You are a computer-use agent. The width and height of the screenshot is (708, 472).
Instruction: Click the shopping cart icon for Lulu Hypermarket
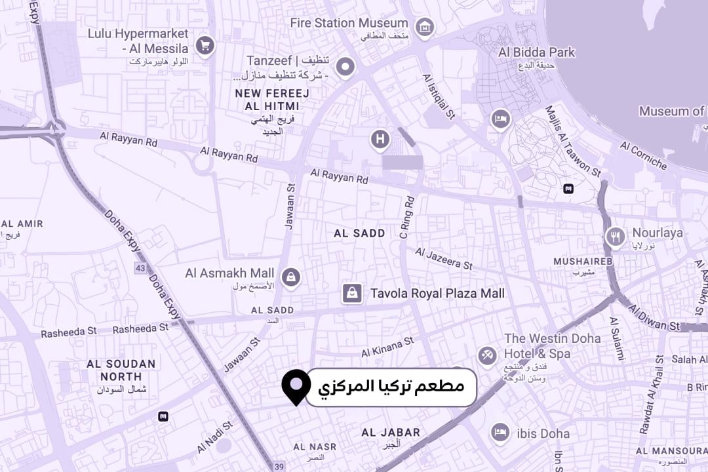205,45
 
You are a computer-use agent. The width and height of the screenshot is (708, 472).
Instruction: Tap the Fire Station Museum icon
425,27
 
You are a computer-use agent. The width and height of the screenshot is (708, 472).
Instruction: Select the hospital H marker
380,139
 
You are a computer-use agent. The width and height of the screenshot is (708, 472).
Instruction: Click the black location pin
296,385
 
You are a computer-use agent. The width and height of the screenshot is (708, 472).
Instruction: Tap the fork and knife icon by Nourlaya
615,237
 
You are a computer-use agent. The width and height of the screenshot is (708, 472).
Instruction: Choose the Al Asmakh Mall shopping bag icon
292,277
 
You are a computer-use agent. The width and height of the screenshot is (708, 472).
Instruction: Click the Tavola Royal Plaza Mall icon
352,293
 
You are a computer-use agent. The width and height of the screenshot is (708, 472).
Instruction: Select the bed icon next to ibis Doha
500,432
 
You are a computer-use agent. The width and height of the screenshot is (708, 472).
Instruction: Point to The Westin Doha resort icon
486,355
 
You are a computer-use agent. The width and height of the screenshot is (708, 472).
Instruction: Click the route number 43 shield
140,268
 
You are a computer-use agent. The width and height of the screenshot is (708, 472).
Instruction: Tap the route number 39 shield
280,466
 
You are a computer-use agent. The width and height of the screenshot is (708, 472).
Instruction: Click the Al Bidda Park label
536,52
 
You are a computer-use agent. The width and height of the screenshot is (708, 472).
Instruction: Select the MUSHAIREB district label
583,262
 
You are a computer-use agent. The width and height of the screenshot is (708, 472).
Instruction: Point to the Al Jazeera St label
444,258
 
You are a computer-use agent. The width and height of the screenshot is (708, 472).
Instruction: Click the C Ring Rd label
407,217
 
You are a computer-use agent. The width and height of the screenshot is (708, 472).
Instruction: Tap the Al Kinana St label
387,347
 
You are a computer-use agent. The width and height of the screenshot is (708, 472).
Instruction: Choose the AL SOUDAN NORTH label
121,370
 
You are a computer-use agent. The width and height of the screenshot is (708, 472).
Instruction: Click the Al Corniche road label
643,155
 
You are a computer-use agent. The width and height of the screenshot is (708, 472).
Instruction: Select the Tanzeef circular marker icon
345,66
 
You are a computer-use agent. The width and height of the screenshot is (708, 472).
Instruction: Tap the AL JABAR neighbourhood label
391,433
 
